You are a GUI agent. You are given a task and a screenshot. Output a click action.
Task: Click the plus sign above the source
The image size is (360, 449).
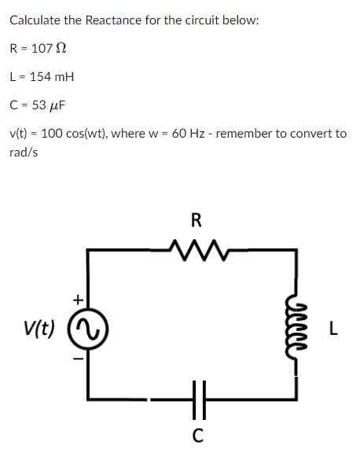click(x=77, y=299)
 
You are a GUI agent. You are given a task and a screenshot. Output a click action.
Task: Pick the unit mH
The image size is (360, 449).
click(x=62, y=76)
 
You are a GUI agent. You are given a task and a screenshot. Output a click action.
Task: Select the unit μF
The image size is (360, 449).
click(x=57, y=105)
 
